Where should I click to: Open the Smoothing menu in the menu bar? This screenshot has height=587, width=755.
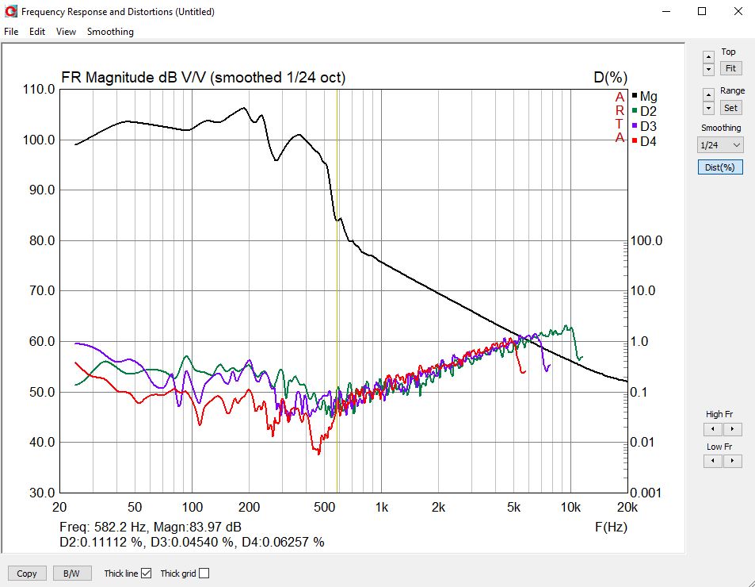point(110,32)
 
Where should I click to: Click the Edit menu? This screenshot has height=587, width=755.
point(37,32)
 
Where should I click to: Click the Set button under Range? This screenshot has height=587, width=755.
point(730,108)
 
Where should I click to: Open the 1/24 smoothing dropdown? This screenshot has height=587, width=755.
point(720,145)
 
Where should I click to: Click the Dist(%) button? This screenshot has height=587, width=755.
point(720,167)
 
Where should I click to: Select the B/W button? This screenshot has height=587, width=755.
point(72,574)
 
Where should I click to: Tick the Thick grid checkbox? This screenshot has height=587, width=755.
point(204,574)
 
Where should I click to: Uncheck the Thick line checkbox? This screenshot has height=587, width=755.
point(147,574)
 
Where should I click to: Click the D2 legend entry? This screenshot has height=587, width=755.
point(648,111)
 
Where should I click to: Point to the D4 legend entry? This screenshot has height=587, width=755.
point(648,141)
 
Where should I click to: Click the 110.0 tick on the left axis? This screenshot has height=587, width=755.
point(39,90)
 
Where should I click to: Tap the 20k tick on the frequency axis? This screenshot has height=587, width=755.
point(627,507)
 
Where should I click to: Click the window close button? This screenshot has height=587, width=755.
point(736,11)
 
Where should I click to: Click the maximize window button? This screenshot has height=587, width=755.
point(701,11)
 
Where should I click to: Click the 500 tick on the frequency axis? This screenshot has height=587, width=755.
point(324,507)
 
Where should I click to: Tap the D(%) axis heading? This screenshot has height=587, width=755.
point(610,77)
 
